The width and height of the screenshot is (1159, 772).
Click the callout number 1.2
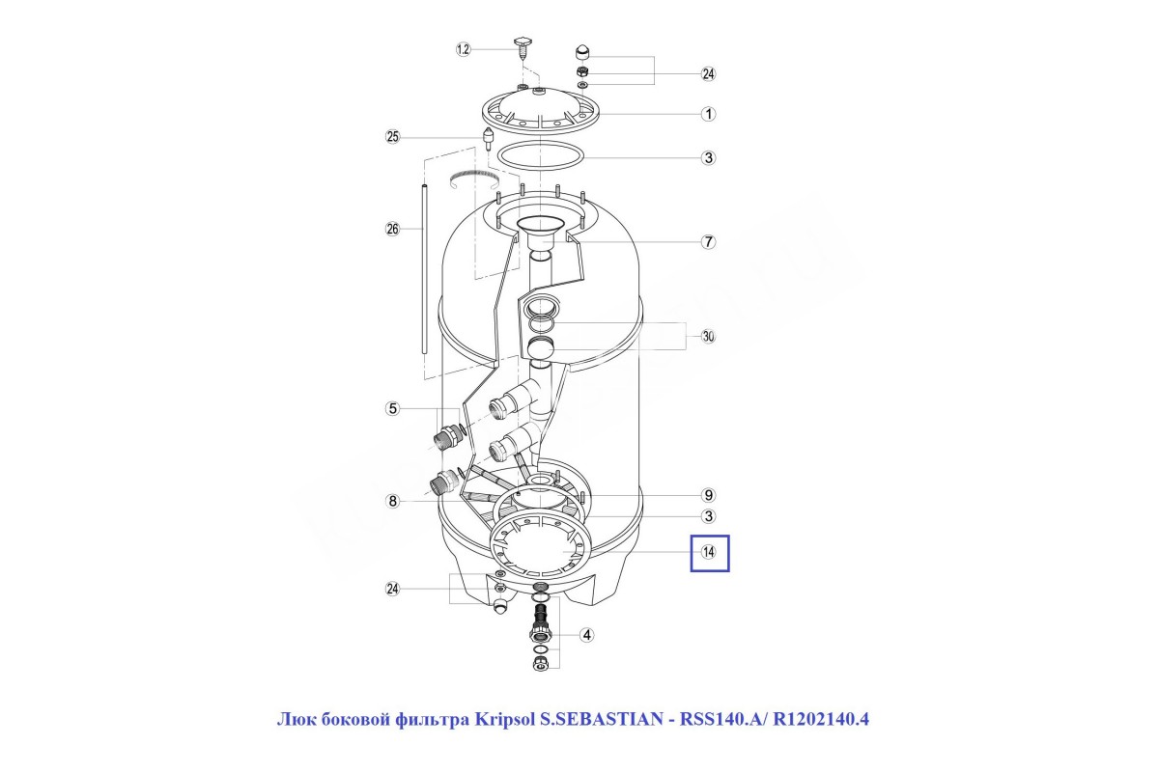point(463,49)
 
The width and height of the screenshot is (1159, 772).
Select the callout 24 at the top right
point(708,74)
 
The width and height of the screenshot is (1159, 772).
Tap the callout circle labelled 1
point(708,114)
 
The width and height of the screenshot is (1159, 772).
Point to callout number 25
point(393,137)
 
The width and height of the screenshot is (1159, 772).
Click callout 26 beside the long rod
point(393,229)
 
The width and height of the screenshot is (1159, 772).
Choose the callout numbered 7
point(708,241)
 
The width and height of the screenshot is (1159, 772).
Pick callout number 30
point(708,337)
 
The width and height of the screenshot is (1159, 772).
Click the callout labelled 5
point(393,408)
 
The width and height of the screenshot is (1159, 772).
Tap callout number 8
point(393,501)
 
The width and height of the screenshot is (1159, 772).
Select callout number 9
point(708,495)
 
